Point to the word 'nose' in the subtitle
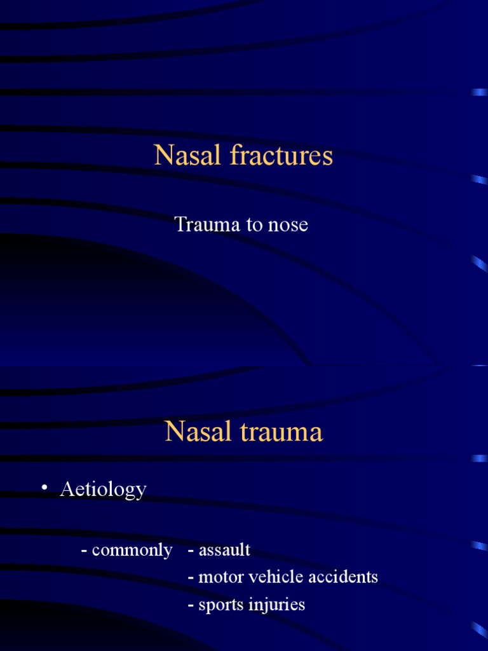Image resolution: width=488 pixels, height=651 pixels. [x=288, y=225]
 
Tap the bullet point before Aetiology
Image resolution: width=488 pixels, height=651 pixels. [x=44, y=488]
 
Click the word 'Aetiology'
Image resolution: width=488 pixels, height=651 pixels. [x=103, y=490]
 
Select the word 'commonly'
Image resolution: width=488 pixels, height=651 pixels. [x=132, y=550]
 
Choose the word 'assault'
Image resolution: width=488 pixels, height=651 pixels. [x=224, y=549]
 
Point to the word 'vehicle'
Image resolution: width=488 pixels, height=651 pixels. [x=270, y=577]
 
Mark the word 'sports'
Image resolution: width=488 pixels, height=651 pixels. [x=217, y=605]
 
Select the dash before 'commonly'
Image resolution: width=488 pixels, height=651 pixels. [x=84, y=551]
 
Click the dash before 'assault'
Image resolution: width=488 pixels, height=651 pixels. [x=191, y=551]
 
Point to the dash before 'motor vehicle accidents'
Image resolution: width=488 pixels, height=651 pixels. [x=191, y=578]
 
